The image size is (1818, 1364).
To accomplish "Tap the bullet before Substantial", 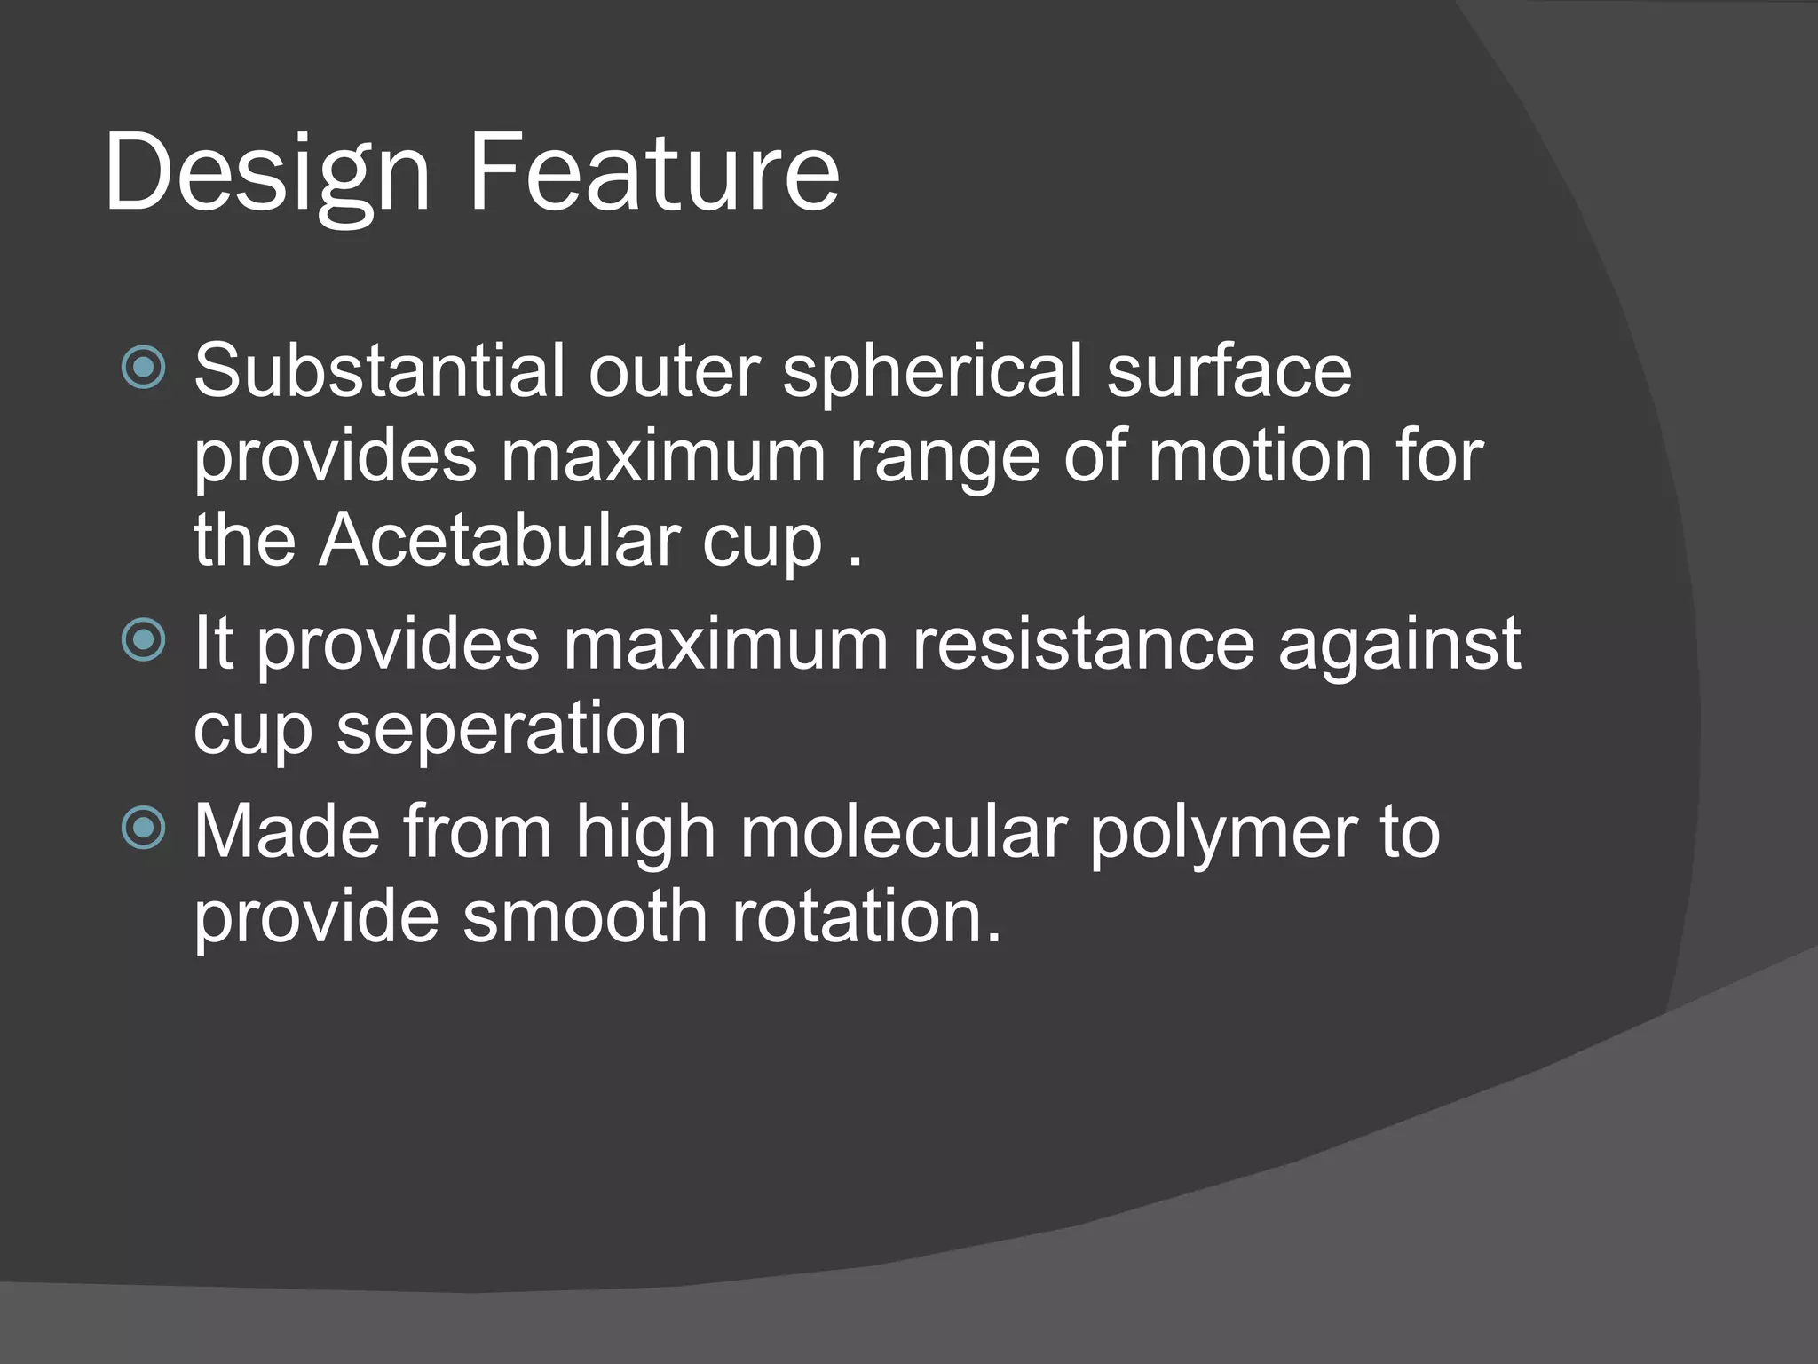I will tap(143, 368).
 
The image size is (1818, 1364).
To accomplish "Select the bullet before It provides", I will tap(143, 640).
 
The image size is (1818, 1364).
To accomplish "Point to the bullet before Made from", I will tap(143, 829).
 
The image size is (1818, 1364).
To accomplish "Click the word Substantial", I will tap(379, 370).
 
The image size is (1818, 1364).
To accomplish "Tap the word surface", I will tap(1229, 370).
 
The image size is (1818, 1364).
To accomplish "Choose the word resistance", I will tap(1083, 643).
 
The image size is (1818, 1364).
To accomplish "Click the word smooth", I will tap(585, 916).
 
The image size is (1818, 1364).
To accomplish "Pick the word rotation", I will tap(866, 916).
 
